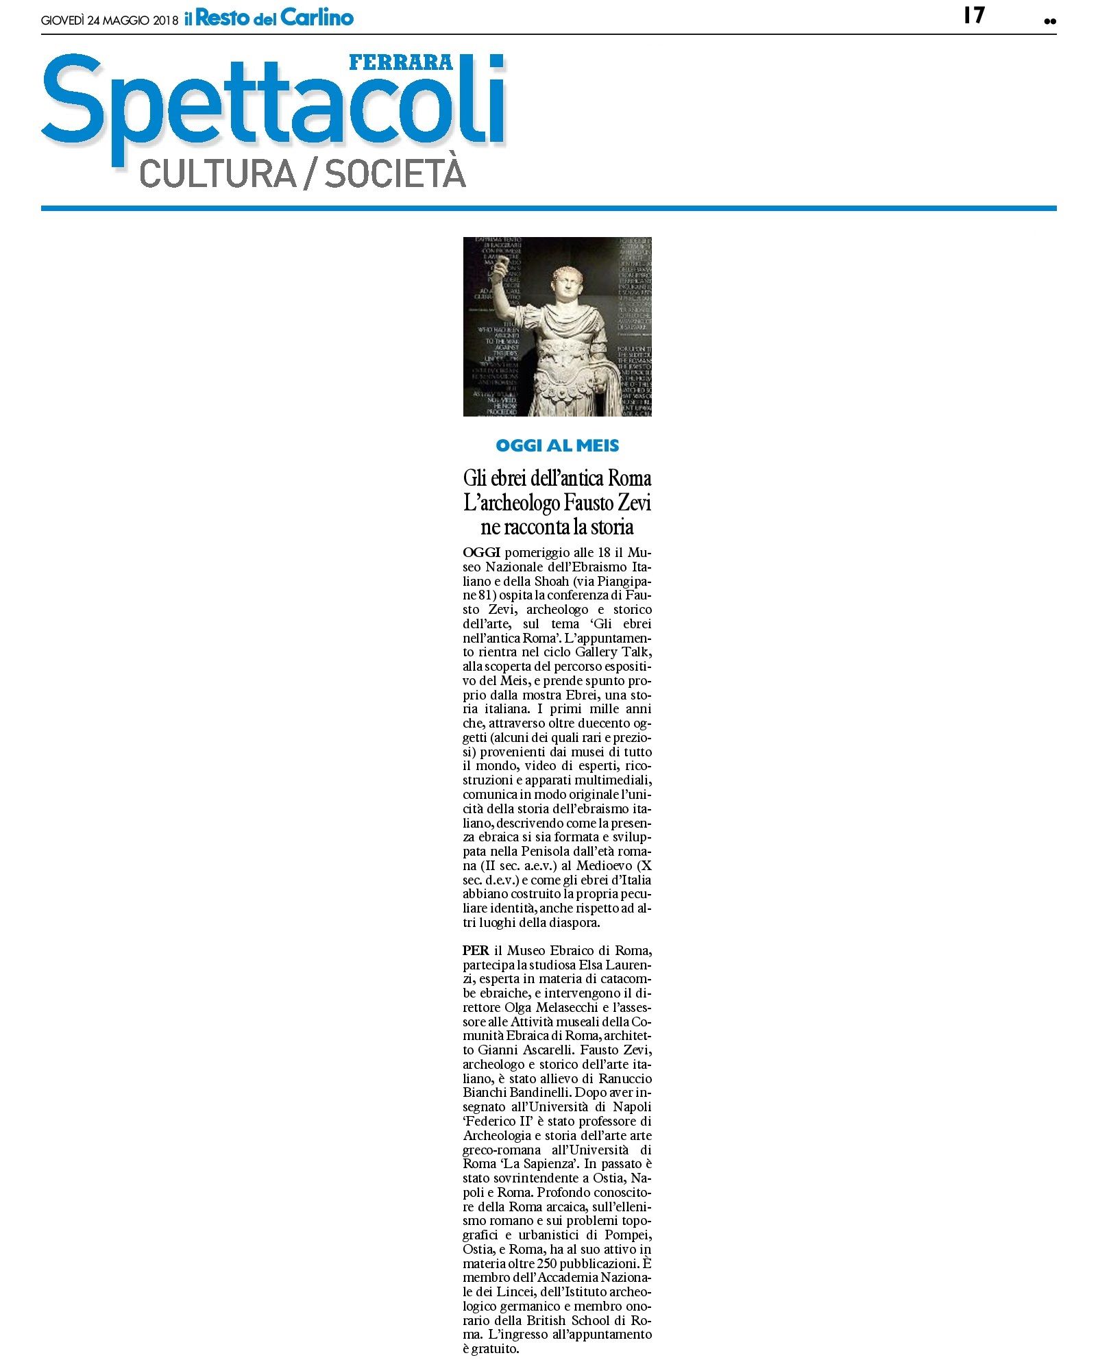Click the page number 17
(x=973, y=15)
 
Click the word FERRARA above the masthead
(x=401, y=62)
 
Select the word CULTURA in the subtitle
(x=217, y=173)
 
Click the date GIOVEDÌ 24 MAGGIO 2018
(x=109, y=21)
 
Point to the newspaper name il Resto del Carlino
(x=269, y=18)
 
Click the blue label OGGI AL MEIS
(x=557, y=446)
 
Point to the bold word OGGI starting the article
(x=481, y=552)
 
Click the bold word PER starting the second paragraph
(x=476, y=950)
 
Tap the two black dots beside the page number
(x=1049, y=21)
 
